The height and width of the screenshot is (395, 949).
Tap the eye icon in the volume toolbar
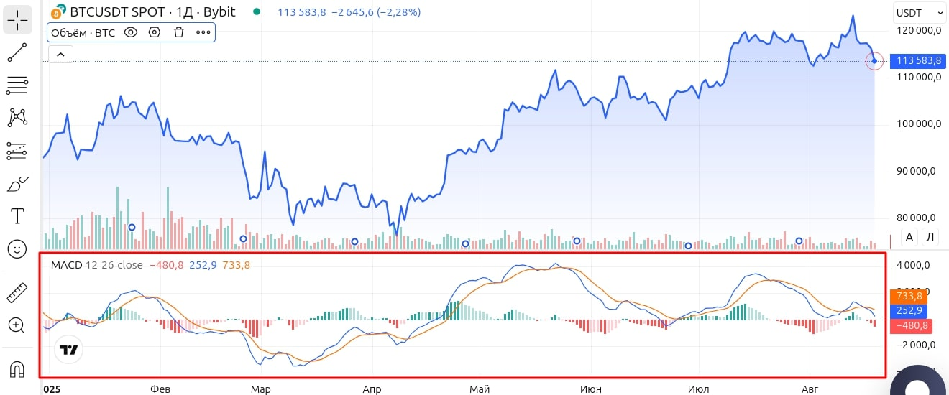(130, 32)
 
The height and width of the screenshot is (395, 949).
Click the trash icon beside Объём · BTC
(179, 32)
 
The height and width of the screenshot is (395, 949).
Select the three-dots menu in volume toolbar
(203, 32)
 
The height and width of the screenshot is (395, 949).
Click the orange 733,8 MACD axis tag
(909, 296)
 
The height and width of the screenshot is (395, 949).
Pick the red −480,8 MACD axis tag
(909, 326)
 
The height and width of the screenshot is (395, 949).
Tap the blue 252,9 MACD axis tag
(909, 311)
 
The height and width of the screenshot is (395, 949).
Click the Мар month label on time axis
(260, 389)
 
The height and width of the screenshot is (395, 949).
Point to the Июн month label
(591, 389)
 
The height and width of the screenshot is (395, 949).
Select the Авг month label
(810, 389)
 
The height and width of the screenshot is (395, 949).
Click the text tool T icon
(17, 216)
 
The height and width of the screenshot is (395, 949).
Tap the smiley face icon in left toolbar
(17, 249)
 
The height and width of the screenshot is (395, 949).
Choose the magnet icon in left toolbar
(17, 369)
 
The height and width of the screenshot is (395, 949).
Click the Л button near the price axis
(930, 237)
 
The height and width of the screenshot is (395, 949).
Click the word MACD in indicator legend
(66, 265)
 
